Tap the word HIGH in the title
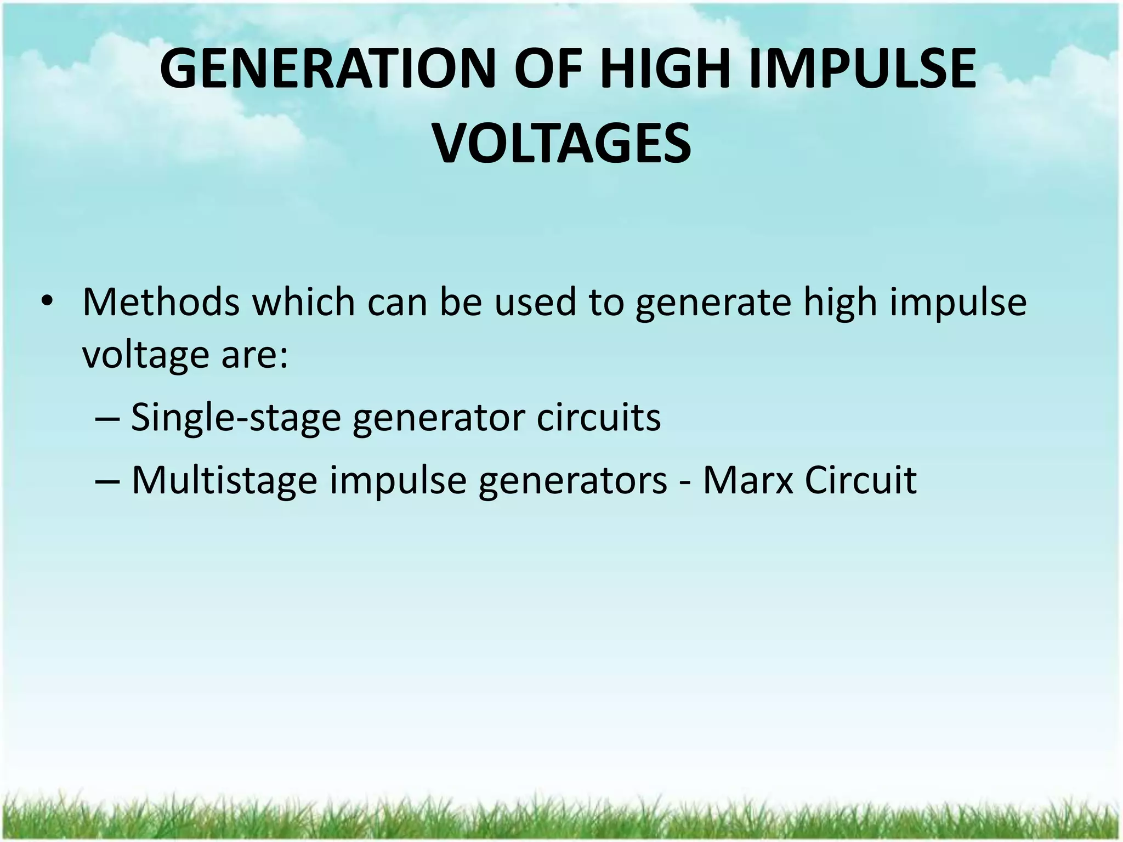pyautogui.click(x=663, y=70)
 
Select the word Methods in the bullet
pyautogui.click(x=161, y=303)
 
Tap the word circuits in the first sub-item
pyautogui.click(x=598, y=418)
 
